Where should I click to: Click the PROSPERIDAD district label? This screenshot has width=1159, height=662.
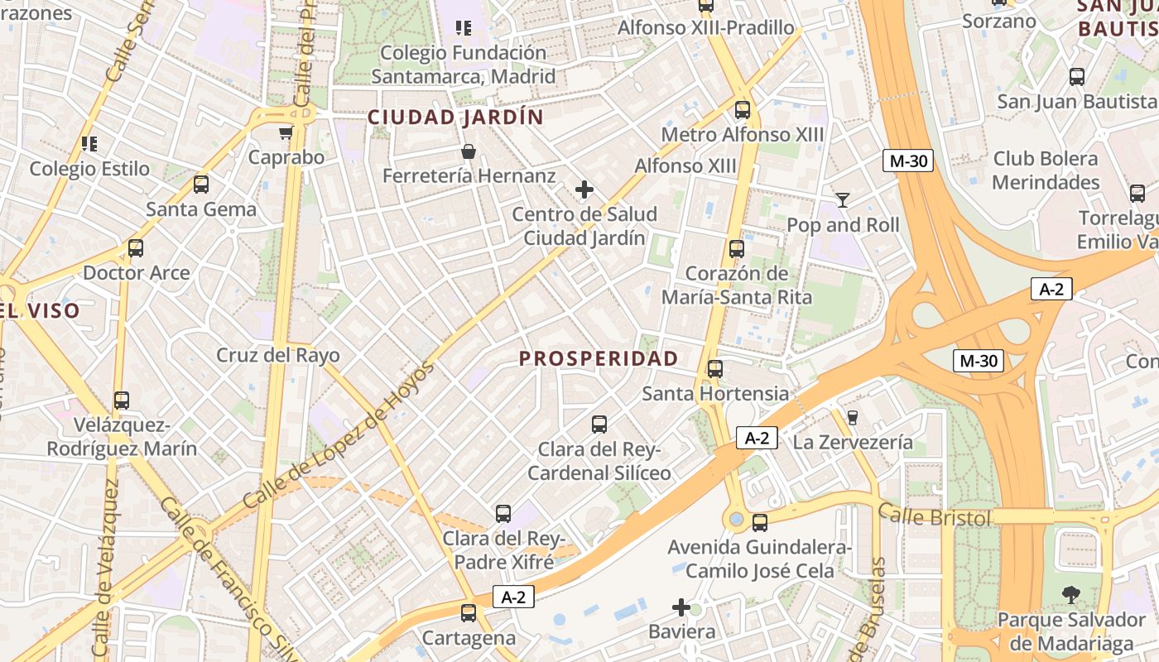(599, 358)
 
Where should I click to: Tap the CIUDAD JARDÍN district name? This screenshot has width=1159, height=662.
(455, 118)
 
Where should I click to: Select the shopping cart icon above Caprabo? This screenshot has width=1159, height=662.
(286, 132)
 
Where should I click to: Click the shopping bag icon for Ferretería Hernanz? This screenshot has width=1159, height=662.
(469, 151)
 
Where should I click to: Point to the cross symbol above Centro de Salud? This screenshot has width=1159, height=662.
(584, 189)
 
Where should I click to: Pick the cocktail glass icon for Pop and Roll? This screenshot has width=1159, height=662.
(843, 199)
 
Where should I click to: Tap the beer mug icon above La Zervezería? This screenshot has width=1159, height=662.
(853, 417)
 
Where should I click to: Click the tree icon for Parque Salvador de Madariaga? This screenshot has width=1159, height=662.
(1071, 594)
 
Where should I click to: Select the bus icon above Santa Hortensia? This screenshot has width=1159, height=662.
(715, 368)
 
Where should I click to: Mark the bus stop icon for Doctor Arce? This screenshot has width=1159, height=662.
(136, 247)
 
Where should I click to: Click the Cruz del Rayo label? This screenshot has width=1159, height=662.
(278, 356)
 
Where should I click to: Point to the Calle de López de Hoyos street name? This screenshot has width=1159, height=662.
(339, 435)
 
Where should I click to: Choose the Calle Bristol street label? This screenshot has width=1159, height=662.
(935, 516)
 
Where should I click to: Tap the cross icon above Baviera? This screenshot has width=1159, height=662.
(681, 608)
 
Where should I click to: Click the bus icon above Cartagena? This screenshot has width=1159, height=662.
(469, 613)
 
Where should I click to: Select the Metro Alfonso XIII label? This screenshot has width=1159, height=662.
(743, 134)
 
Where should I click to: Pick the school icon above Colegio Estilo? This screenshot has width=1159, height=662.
(90, 144)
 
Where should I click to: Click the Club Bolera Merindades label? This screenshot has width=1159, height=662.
(1046, 170)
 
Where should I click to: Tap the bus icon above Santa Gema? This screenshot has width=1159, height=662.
(201, 185)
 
